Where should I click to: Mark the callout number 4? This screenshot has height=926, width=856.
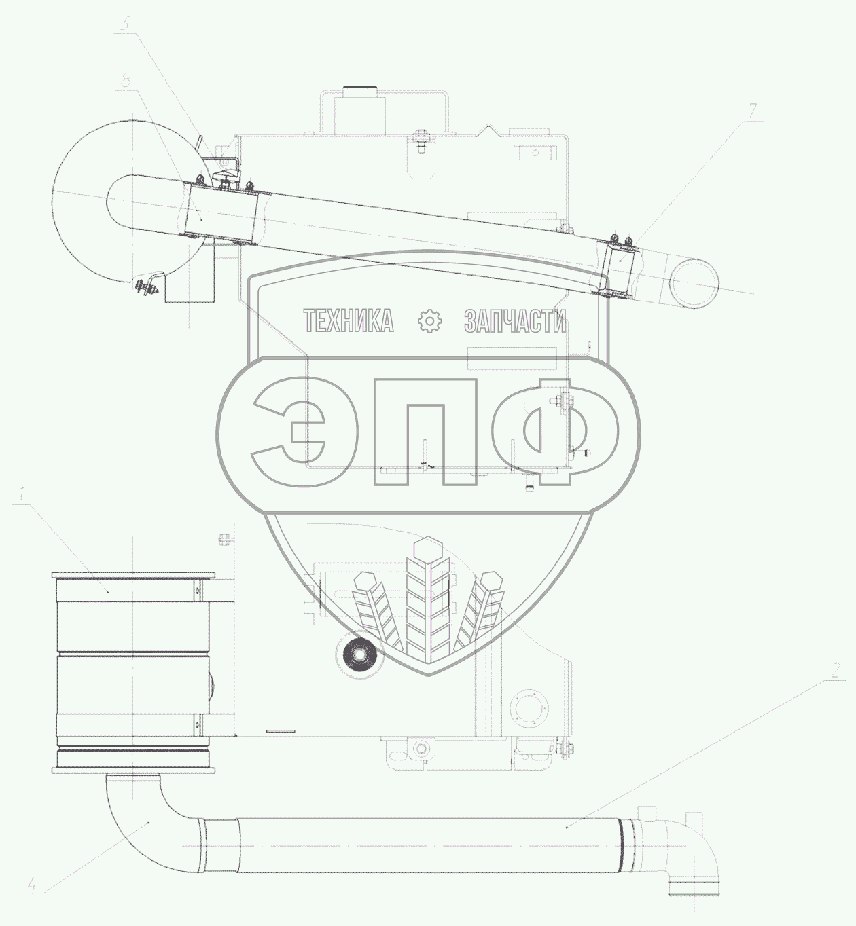pos(32,882)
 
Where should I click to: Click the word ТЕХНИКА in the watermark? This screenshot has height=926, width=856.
pos(349,321)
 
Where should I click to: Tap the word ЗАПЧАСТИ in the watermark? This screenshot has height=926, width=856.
pos(515,321)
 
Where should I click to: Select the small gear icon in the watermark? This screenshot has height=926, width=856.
pos(429,321)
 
